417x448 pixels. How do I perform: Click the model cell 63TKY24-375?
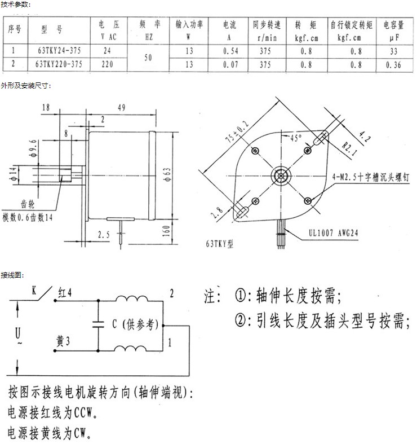59,51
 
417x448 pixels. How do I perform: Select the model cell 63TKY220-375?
59,64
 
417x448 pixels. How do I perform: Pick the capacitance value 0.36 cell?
393,65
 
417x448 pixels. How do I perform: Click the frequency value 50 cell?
148,58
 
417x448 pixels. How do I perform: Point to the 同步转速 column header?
267,25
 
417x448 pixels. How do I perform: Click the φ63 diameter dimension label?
167,174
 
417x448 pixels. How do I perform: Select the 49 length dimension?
122,107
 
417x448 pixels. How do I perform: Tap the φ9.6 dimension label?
33,148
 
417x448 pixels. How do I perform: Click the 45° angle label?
296,138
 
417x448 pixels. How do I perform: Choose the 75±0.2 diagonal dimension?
237,131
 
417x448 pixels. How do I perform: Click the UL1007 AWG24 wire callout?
333,233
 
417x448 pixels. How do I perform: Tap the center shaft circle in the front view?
281,175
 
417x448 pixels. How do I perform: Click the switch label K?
34,291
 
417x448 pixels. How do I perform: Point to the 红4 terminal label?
65,293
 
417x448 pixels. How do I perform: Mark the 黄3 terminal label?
63,341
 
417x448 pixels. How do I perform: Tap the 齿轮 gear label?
28,204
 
